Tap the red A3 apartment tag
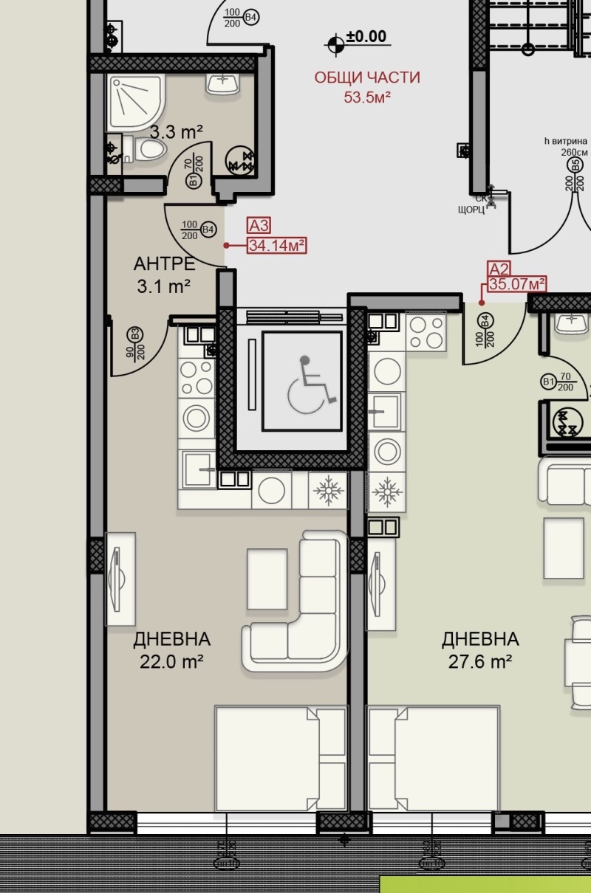tap(259, 226)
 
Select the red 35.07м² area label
tap(517, 284)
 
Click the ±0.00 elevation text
tap(366, 36)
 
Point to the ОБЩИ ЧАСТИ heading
tap(367, 77)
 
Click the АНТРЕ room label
tap(165, 264)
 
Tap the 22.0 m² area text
tap(171, 662)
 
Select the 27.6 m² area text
tap(480, 662)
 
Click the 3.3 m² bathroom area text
tap(177, 131)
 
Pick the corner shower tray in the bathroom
tap(135, 103)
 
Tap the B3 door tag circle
tap(135, 334)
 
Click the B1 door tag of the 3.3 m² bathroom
tap(194, 182)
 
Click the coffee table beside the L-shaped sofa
tap(267, 579)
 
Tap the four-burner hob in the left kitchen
tap(197, 378)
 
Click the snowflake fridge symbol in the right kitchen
tap(387, 492)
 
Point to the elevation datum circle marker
tap(336, 44)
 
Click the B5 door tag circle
tap(575, 165)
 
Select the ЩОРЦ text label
tap(471, 210)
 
